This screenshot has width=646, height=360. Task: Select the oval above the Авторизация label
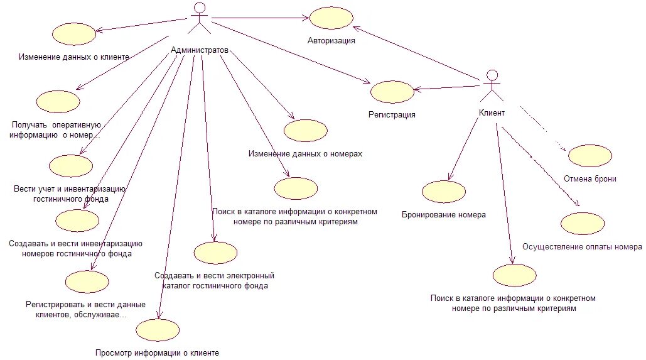click(x=331, y=18)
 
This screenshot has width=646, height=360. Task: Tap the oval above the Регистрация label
click(x=392, y=92)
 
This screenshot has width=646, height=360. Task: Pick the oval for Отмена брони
click(x=590, y=155)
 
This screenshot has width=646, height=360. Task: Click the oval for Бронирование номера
click(x=444, y=192)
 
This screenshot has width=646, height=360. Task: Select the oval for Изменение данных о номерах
click(x=305, y=130)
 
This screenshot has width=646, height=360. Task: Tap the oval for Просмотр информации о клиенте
click(x=158, y=330)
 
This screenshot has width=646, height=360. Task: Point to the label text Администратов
click(x=200, y=50)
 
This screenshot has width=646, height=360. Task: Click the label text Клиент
click(x=492, y=114)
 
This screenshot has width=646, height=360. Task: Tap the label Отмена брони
click(x=589, y=179)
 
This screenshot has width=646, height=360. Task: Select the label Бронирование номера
click(x=444, y=214)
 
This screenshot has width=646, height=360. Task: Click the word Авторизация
click(x=331, y=41)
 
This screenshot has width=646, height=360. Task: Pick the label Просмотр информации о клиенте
click(x=157, y=353)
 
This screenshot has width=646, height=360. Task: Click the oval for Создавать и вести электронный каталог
click(x=215, y=252)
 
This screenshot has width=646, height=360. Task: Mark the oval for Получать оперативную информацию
click(x=58, y=101)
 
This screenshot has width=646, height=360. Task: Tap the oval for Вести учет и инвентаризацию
click(x=71, y=166)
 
